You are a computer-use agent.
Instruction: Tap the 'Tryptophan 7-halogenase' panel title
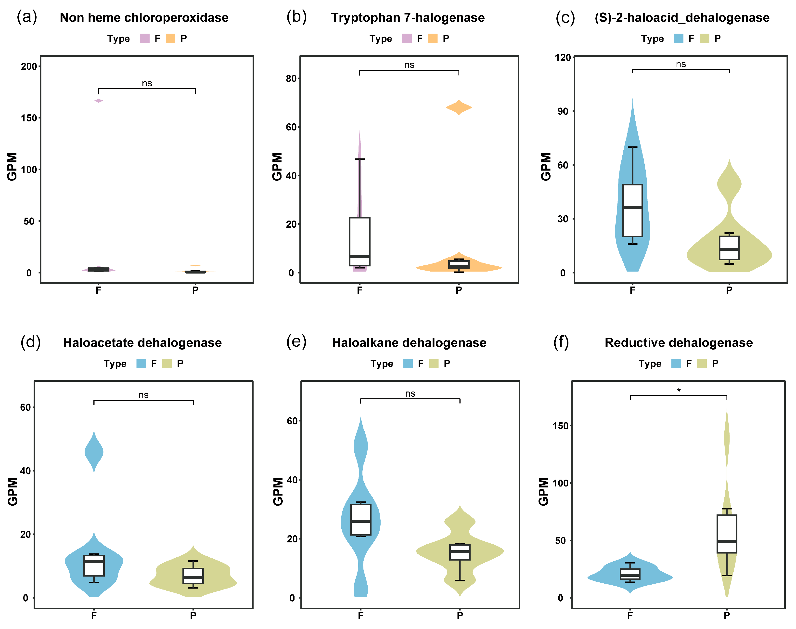point(408,18)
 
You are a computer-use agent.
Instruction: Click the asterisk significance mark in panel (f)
point(679,390)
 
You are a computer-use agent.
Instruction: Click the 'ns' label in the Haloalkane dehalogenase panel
point(410,394)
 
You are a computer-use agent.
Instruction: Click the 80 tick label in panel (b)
point(291,79)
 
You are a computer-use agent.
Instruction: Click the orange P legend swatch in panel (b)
point(433,38)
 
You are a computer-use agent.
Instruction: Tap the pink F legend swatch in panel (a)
point(145,38)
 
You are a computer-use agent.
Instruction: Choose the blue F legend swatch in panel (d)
point(141,364)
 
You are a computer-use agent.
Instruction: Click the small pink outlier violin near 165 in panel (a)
point(99,101)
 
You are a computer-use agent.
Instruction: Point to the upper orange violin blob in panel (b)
point(459,107)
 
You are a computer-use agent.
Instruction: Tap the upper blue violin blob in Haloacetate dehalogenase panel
point(94,452)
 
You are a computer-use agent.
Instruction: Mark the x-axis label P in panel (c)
point(729,290)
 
